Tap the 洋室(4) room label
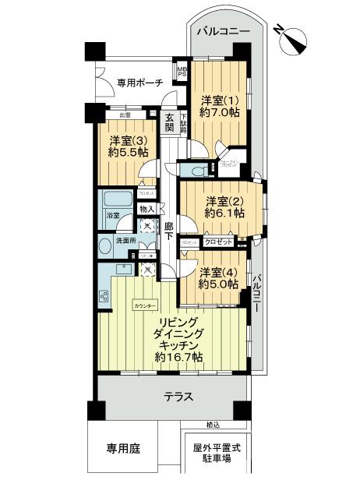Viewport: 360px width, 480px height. click(214, 273)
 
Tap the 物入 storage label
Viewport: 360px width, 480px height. click(146, 208)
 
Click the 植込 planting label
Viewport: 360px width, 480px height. click(213, 424)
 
